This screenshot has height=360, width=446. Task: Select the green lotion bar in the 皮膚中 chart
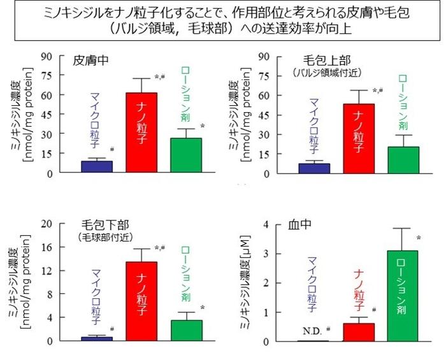(x=185, y=155)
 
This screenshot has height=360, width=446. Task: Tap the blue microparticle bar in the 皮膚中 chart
(x=97, y=166)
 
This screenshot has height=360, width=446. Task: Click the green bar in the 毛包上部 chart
(x=403, y=160)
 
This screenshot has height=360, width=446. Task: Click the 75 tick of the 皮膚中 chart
(x=47, y=75)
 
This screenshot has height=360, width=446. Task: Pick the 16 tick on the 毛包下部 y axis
(x=47, y=247)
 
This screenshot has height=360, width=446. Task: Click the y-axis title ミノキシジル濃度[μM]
(x=247, y=283)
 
